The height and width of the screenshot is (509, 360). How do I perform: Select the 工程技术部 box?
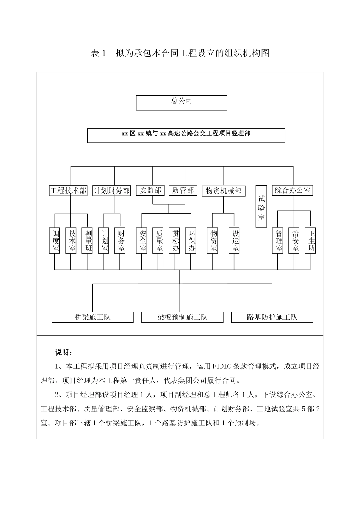tap(68, 190)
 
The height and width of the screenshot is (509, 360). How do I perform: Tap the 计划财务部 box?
tap(112, 190)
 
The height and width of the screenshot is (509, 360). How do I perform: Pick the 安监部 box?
tap(150, 190)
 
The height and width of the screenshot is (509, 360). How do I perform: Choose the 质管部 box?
tap(183, 190)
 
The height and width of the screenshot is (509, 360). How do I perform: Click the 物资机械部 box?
tap(224, 190)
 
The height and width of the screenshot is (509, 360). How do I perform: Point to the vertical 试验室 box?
tap(261, 206)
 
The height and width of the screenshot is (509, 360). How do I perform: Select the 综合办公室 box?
tap(293, 190)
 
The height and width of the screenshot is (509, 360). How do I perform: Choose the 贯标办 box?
tap(174, 240)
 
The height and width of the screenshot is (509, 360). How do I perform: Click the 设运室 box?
tap(234, 240)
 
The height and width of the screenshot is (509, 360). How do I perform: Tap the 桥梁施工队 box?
tap(92, 317)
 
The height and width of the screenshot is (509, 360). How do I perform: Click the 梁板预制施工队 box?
tap(182, 317)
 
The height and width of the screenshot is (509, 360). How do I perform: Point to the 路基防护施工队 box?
tap(272, 317)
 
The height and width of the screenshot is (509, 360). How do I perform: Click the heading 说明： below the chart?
tap(63, 353)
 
